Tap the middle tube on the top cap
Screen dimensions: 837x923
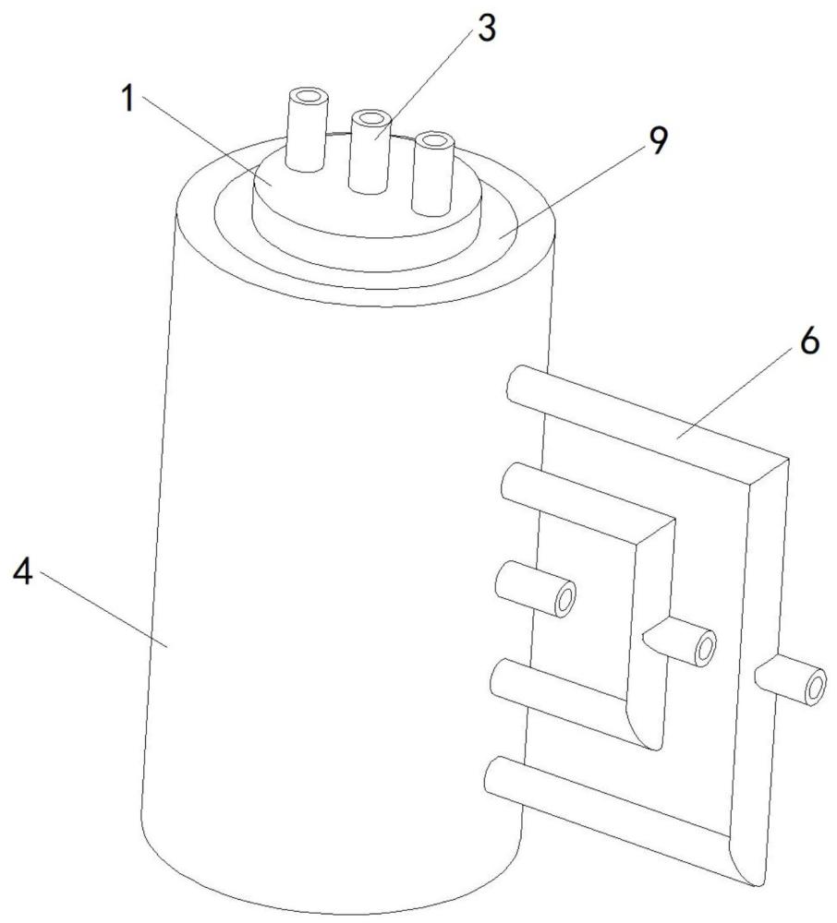[x=368, y=152]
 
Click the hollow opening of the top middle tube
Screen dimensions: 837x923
[x=371, y=119]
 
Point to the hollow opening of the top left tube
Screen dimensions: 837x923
[x=306, y=96]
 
